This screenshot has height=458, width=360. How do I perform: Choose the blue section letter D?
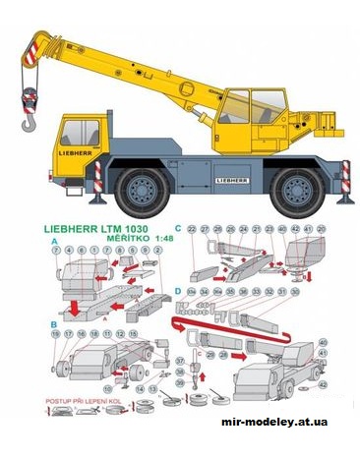point(177,292)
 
